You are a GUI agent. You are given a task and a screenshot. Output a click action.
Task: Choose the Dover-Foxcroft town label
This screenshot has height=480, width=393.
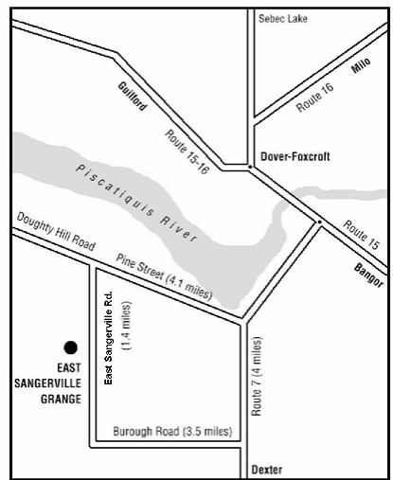click(x=295, y=157)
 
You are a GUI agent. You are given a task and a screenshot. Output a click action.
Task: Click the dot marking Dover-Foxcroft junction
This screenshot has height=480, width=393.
click(x=249, y=168)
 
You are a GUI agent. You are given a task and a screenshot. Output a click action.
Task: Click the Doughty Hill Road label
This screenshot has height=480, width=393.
click(x=57, y=233)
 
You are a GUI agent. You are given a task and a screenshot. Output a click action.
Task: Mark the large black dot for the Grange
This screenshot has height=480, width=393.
click(x=68, y=347)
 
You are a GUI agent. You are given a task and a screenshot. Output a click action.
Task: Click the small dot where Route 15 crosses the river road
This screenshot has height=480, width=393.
click(x=319, y=222)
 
